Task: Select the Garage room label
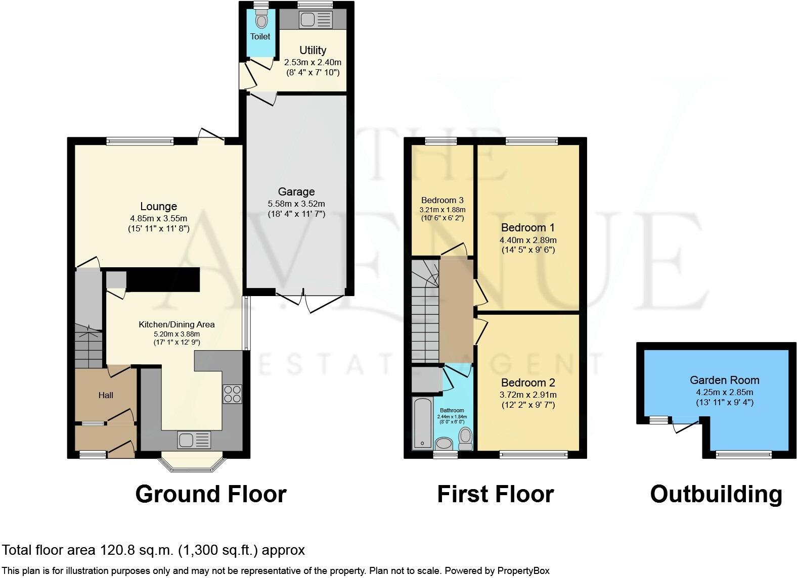pyautogui.click(x=296, y=192)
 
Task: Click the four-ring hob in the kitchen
pyautogui.click(x=232, y=394)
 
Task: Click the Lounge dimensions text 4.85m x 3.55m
pyautogui.click(x=158, y=219)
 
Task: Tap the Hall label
pyautogui.click(x=106, y=395)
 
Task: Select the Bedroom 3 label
pyautogui.click(x=442, y=200)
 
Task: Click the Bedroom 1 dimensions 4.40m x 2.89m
pyautogui.click(x=528, y=240)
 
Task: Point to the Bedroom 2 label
pyautogui.click(x=528, y=382)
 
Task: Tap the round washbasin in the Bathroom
pyautogui.click(x=444, y=444)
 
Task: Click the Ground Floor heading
pyautogui.click(x=211, y=494)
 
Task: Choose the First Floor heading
pyautogui.click(x=495, y=494)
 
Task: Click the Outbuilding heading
pyautogui.click(x=716, y=494)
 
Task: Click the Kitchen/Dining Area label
pyautogui.click(x=176, y=324)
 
